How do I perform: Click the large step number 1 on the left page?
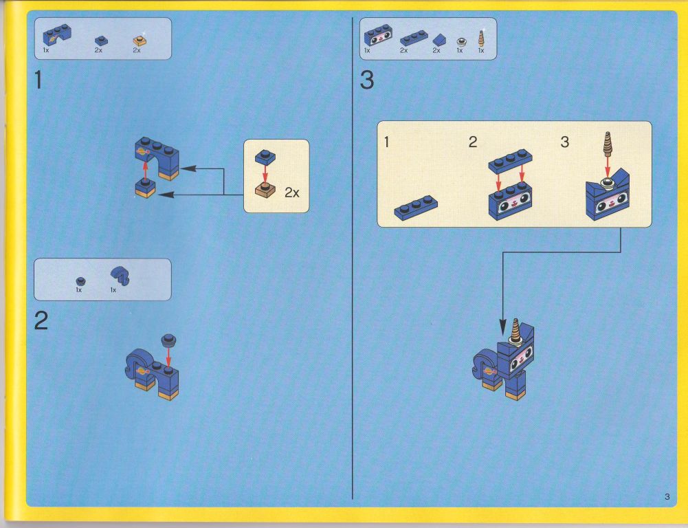click(38, 80)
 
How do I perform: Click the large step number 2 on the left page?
click(41, 320)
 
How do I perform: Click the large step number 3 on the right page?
click(367, 80)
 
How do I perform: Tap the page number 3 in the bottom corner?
click(667, 496)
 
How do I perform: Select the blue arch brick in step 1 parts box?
click(56, 34)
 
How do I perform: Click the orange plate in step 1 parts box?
click(140, 41)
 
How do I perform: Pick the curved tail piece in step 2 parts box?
click(120, 275)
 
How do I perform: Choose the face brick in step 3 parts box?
click(378, 34)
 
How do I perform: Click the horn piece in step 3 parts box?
click(481, 38)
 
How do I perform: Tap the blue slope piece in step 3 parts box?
click(439, 41)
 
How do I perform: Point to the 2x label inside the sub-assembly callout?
click(292, 192)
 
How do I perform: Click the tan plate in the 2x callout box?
click(265, 190)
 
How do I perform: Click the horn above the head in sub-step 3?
click(608, 144)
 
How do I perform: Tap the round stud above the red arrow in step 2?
click(168, 339)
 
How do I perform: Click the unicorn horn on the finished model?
click(515, 329)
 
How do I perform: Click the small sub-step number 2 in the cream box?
click(473, 142)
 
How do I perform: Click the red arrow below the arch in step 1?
click(145, 170)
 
